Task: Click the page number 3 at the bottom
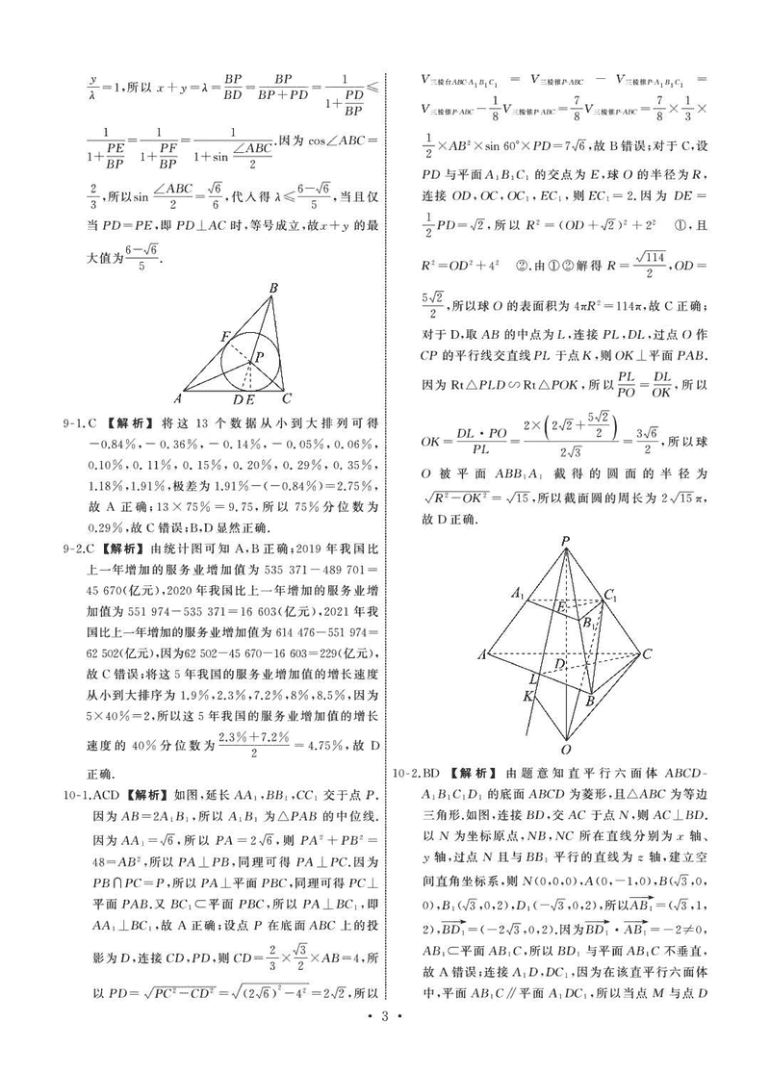(x=384, y=1043)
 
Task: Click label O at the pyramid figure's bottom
(x=566, y=749)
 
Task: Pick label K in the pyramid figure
(x=528, y=695)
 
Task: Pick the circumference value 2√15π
(x=665, y=499)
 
